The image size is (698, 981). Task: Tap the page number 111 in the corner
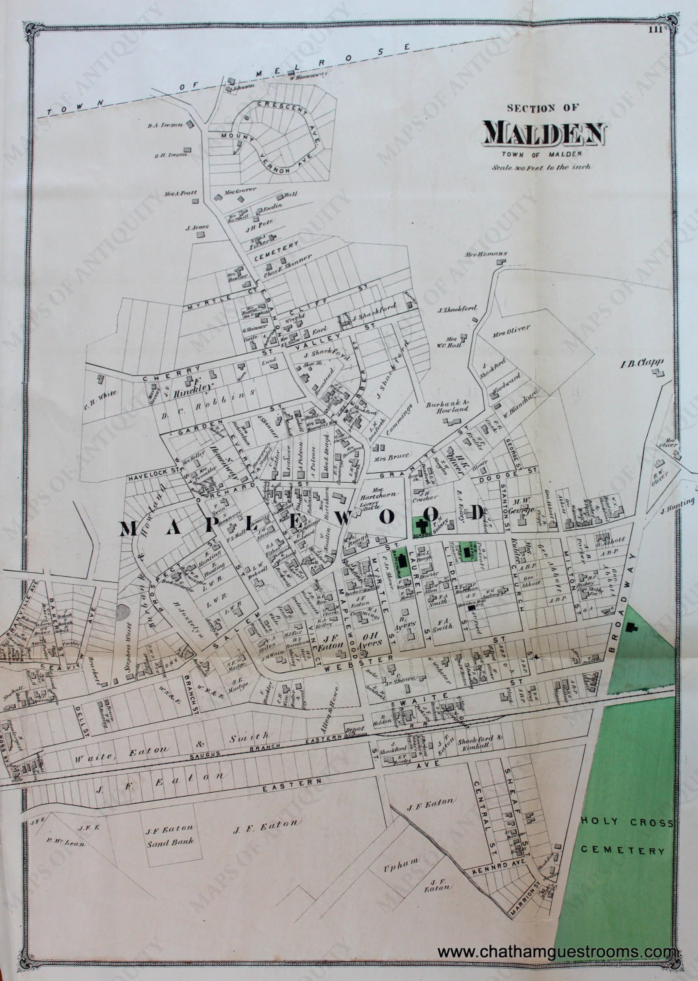656,29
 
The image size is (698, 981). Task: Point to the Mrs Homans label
486,254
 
